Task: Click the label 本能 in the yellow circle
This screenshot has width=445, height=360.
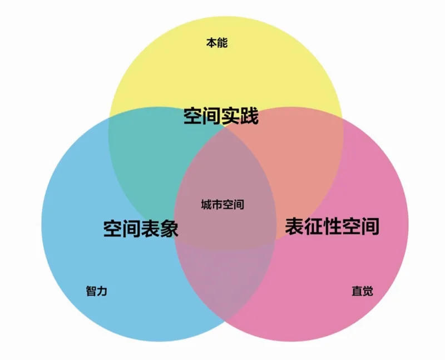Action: [217, 43]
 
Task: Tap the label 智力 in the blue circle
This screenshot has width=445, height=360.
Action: [96, 291]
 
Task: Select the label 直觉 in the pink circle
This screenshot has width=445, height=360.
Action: [363, 291]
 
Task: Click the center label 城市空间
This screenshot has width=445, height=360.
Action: [222, 204]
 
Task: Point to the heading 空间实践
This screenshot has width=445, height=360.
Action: [221, 116]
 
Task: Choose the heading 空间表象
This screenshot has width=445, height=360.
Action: [141, 228]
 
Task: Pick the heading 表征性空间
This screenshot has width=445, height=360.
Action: [332, 226]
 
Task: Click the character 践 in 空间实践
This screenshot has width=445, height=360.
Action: [249, 116]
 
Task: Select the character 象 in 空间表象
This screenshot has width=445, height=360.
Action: [169, 228]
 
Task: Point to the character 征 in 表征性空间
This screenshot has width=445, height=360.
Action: [313, 226]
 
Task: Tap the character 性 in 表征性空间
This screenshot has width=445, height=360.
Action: [332, 226]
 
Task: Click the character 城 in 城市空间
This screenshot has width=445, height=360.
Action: [206, 204]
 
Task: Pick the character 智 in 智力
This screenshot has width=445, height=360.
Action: [91, 291]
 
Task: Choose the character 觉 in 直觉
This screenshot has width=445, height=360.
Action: [368, 291]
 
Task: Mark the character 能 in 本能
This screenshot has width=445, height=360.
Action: [222, 43]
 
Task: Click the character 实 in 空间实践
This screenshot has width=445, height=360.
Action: [230, 116]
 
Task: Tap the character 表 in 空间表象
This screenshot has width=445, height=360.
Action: [150, 228]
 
